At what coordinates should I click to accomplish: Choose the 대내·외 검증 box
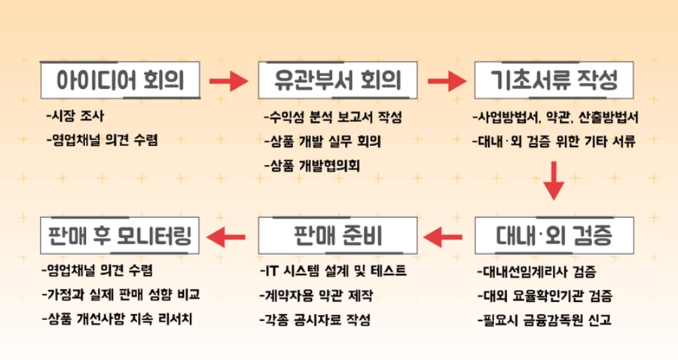point(554,236)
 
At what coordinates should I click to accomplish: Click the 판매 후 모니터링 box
point(121,236)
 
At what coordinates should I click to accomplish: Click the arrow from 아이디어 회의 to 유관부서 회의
point(229,80)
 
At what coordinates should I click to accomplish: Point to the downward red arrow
point(554,181)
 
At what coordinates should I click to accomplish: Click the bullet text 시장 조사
point(76,117)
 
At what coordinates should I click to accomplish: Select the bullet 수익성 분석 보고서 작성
point(332,118)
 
